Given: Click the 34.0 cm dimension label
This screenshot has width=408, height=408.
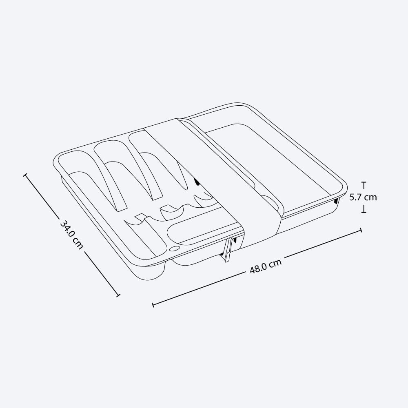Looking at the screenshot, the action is point(71,235).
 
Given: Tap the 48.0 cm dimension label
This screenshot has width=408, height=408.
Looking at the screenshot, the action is point(266,266).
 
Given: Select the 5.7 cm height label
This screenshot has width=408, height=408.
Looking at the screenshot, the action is point(363,197).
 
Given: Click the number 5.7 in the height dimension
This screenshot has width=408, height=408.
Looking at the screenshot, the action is point(356,197).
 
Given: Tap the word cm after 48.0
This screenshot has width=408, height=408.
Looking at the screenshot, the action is point(275,263).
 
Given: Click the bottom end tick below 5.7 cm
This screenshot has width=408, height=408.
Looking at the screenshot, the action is point(364,212).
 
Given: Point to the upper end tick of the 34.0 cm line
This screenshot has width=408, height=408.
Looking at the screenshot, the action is point(25,175).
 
